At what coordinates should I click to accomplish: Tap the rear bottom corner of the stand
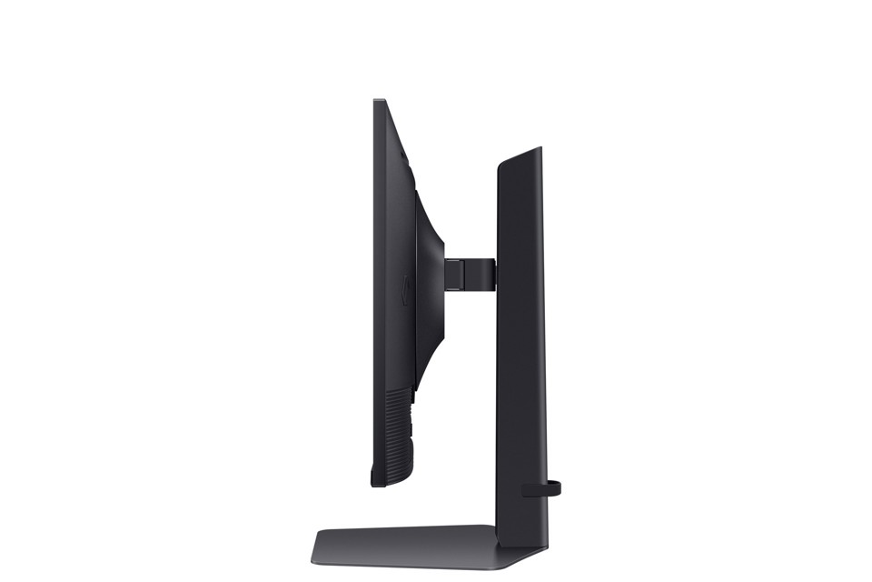(545, 562)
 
